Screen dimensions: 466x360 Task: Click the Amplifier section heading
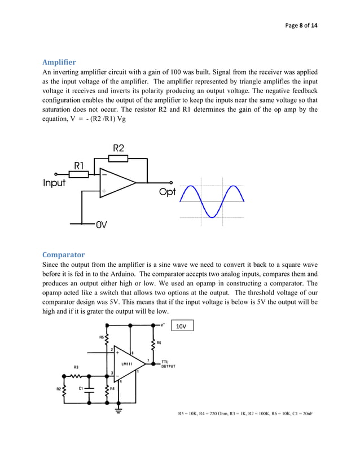click(x=59, y=61)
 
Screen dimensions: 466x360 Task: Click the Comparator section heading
click(x=63, y=254)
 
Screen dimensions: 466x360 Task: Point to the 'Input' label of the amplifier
click(x=55, y=183)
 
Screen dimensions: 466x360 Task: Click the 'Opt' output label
click(x=167, y=192)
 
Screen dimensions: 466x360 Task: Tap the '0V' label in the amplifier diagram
click(x=101, y=224)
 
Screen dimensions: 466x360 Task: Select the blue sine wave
click(x=212, y=201)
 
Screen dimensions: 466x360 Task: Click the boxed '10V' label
click(x=181, y=326)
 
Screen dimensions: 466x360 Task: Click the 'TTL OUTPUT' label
click(x=168, y=364)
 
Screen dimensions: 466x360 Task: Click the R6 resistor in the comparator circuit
click(x=153, y=344)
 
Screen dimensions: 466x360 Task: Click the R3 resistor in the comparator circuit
click(x=76, y=375)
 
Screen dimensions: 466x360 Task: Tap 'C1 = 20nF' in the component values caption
click(x=300, y=414)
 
